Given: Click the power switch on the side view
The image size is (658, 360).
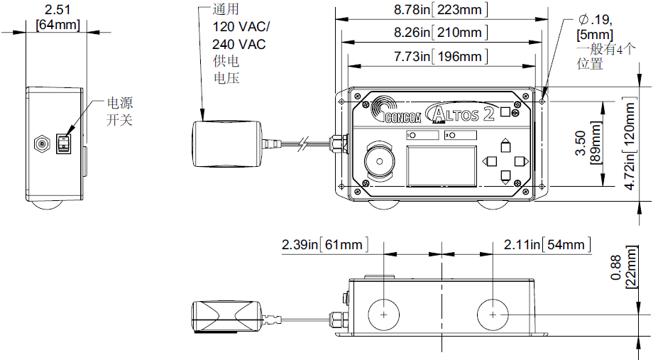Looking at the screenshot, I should pos(64,144).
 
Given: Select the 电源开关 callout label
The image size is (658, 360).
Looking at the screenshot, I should pos(119,111).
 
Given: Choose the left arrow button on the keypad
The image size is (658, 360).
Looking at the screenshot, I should pos(490,161).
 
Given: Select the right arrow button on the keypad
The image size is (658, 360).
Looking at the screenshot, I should pos(519,161).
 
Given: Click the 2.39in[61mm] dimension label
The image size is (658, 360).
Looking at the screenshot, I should pos(323,245).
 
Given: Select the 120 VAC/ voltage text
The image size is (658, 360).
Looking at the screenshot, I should pos(241,27).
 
